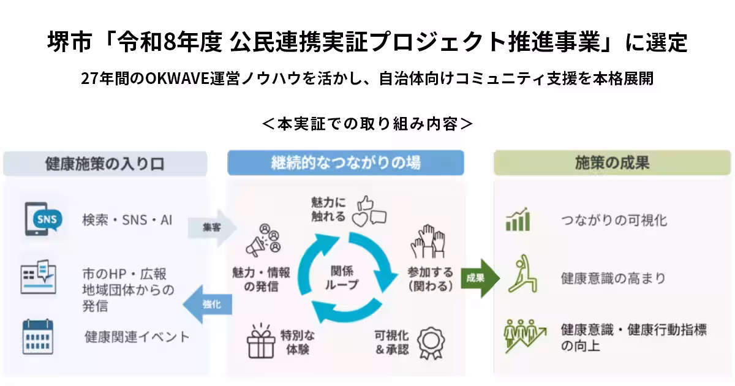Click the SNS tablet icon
[x=43, y=219]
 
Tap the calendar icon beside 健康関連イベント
[x=38, y=337]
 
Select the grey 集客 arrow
[x=212, y=227]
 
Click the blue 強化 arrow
[x=208, y=305]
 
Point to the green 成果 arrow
[x=480, y=278]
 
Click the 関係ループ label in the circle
[x=341, y=278]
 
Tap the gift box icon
[x=261, y=341]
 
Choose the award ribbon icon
[x=431, y=343]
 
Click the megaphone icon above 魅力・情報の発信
[x=263, y=240]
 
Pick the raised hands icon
[x=428, y=241]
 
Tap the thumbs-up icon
[x=365, y=203]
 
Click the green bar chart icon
[x=518, y=219]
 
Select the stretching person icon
[x=522, y=273]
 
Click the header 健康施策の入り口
[x=105, y=164]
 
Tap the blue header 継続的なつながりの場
[x=345, y=163]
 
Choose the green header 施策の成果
[x=612, y=163]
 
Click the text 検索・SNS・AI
[x=127, y=220]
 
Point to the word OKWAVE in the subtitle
[x=177, y=78]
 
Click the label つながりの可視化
[x=614, y=220]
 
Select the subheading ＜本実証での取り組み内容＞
[x=367, y=124]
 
